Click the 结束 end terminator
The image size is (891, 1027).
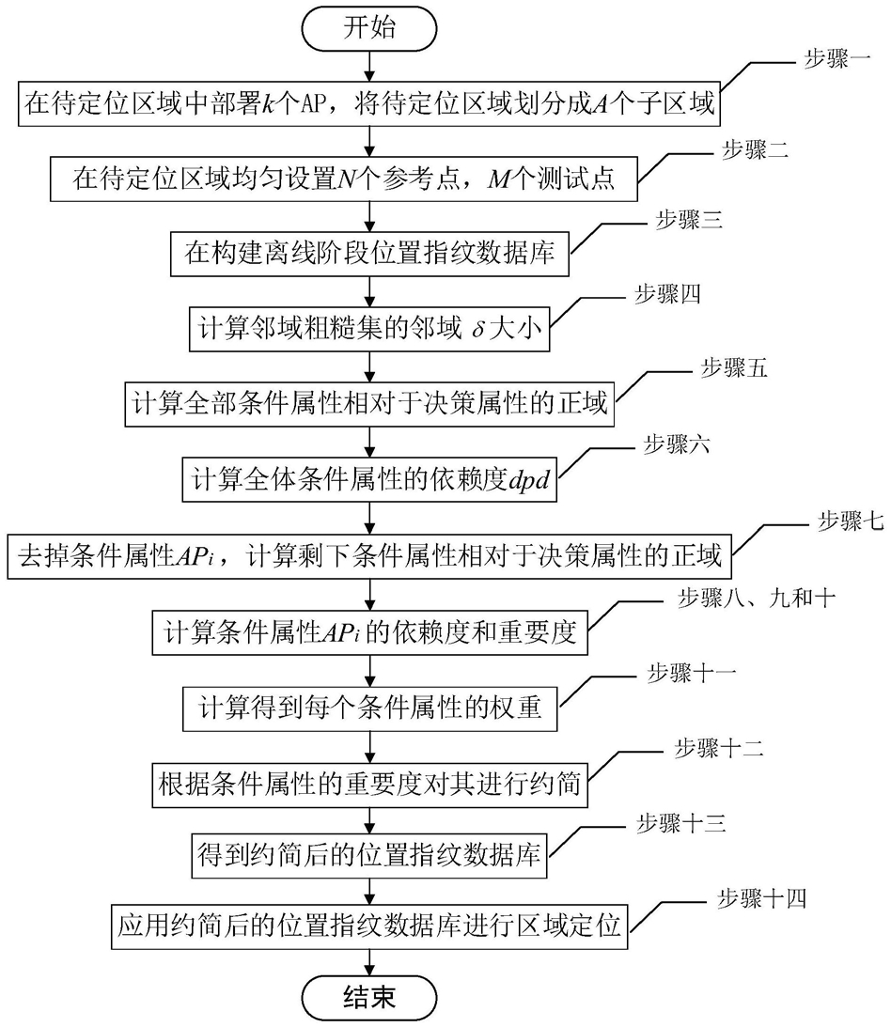pos(369,998)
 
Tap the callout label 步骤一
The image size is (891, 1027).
pos(837,59)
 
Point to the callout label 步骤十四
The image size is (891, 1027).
pos(762,898)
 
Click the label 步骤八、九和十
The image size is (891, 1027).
pos(756,598)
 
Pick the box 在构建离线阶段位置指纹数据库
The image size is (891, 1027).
pos(369,254)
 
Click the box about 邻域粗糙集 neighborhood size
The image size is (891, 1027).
pos(369,329)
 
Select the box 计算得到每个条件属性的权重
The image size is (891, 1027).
pos(369,708)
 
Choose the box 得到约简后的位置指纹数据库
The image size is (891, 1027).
pos(369,855)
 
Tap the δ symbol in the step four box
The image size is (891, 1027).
pos(478,329)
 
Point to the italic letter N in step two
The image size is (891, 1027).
pos(346,179)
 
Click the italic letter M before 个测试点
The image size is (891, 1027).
pos(499,179)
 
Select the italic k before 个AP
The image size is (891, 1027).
pos(269,104)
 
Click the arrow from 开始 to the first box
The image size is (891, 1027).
pos(369,66)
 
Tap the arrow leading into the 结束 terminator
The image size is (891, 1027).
pos(369,963)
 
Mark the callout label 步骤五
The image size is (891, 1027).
pos(734,368)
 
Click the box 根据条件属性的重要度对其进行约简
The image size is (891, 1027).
pos(369,785)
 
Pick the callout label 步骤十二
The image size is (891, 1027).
pos(719,749)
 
